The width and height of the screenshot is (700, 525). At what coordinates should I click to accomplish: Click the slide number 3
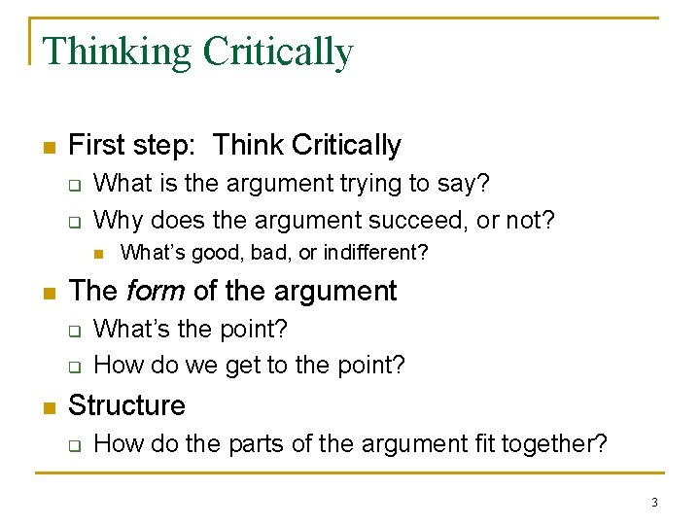pos(654,503)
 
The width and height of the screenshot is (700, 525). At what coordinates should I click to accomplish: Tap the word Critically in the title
pos(277,52)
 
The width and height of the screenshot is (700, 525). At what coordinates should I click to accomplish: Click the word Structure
pos(126,405)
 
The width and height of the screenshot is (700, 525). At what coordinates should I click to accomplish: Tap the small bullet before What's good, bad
pos(98,254)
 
